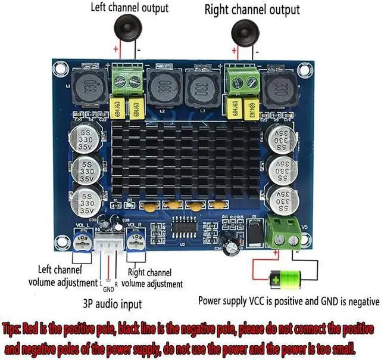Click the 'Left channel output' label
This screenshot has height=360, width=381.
point(129,8)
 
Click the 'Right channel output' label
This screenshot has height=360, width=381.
point(252,10)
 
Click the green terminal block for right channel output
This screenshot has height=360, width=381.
point(242,81)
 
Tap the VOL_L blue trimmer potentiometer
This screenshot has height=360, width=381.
point(83,242)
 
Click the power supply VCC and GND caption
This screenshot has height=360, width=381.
point(288,301)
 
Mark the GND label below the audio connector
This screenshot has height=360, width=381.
point(108,289)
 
